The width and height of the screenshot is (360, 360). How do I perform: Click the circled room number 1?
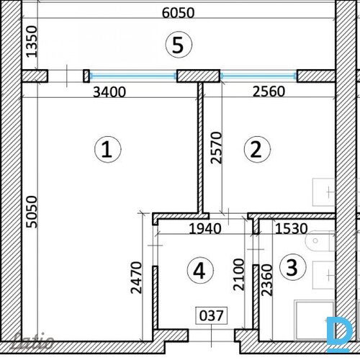(x=108, y=149)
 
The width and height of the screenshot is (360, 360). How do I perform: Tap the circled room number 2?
(x=257, y=149)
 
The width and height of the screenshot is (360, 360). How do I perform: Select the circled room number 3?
(x=292, y=267)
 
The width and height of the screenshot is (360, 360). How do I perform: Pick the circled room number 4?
(x=200, y=271)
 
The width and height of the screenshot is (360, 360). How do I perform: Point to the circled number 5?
(x=179, y=45)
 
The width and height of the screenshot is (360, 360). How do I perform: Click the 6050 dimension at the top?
(x=178, y=13)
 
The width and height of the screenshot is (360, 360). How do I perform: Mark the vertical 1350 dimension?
(x=32, y=42)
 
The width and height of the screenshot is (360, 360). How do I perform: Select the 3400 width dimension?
(x=109, y=92)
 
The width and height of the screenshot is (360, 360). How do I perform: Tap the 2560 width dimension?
(x=269, y=91)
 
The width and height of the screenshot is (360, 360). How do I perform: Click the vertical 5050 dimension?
(x=32, y=212)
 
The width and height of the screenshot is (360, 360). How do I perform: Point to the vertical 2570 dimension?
(x=216, y=148)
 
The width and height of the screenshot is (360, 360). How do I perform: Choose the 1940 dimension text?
(x=205, y=228)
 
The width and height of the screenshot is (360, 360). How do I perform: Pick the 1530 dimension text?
(x=291, y=228)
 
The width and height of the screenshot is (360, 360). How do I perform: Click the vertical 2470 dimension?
(x=136, y=278)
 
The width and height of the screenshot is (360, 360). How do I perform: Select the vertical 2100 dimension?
(x=239, y=274)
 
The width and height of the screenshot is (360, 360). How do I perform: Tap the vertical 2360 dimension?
(x=267, y=280)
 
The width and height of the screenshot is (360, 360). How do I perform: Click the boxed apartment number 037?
(x=212, y=315)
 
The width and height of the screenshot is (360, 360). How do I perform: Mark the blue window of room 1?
(x=133, y=76)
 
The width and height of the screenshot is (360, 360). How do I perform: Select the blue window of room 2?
(x=258, y=76)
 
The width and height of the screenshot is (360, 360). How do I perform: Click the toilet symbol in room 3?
(x=320, y=240)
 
